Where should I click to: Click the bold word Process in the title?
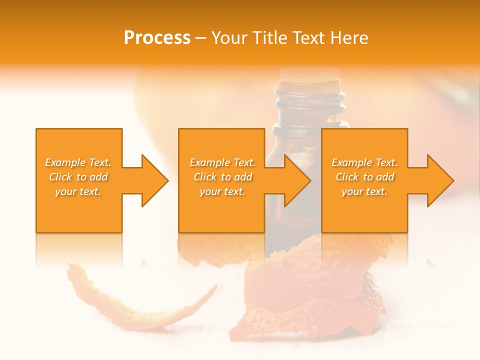click(157, 38)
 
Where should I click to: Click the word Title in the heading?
click(270, 38)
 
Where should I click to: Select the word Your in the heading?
click(230, 38)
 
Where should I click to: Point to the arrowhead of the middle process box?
click(296, 180)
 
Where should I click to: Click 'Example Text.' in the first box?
click(78, 162)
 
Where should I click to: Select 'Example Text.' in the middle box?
click(222, 162)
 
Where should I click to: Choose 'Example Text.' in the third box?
click(364, 162)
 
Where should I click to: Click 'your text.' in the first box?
click(78, 191)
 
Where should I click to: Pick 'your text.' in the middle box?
click(222, 191)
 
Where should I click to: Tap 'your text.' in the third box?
click(364, 191)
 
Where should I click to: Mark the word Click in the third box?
click(347, 177)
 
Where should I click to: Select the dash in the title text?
click(201, 38)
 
